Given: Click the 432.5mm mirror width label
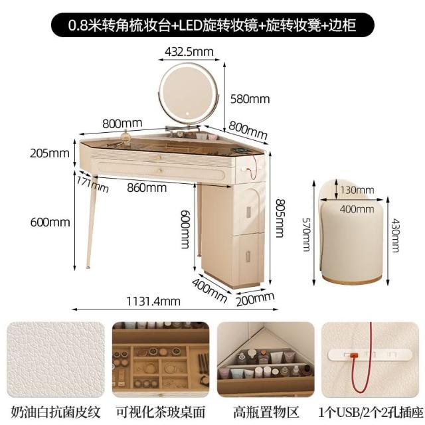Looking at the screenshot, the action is coord(189,52).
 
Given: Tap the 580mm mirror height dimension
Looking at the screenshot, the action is coord(250,99).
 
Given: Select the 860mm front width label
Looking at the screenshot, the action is coord(147,188).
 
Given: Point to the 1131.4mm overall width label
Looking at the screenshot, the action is coord(153,301).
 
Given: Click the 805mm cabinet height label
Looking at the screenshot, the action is coord(280,218).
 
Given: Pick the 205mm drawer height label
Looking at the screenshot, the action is coord(50,153).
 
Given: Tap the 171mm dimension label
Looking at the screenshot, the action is coord(92,184).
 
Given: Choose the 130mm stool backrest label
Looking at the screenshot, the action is coord(357,190).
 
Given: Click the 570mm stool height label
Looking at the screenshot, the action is coord(307,234).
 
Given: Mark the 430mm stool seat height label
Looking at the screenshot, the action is coord(395,235).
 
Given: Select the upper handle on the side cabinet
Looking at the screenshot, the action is coord(248,212).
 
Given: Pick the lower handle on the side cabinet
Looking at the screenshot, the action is coord(248,256).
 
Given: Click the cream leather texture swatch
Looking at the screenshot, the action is coord(56,360).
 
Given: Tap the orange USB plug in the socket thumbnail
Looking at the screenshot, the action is coord(353,355).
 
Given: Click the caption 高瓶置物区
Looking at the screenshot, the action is coord(266,412).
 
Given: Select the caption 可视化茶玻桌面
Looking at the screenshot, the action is coord(161,412).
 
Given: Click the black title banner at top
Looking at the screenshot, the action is coord(212,25).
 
